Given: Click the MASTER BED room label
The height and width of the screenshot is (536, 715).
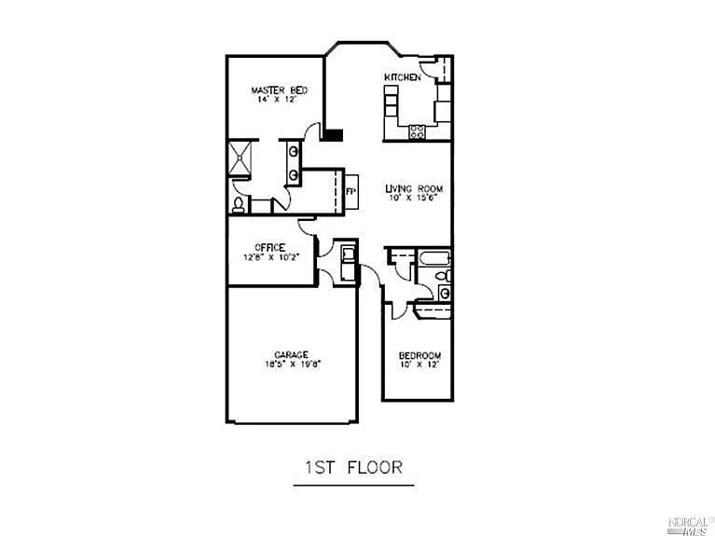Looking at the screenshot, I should tap(279, 90).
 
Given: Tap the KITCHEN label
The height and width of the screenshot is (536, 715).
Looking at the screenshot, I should tap(402, 76).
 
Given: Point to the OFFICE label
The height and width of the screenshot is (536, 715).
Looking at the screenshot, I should tap(269, 247).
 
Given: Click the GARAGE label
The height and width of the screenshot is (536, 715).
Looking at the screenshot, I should tap(291, 354).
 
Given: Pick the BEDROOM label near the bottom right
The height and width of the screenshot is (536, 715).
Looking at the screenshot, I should tap(419, 355).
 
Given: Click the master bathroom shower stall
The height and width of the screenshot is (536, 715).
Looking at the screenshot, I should tap(242, 158).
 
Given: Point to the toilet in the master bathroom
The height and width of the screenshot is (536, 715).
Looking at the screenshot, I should tap(239, 204).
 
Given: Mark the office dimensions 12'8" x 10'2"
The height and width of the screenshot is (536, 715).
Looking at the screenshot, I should tap(269, 256).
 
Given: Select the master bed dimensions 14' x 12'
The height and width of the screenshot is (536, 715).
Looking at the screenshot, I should tap(279, 99).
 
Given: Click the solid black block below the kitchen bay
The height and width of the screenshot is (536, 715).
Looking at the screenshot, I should tap(333, 133).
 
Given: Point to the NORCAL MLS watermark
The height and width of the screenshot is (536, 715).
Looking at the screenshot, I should tap(689, 524).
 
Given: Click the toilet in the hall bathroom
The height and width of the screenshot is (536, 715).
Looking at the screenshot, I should tap(446, 276).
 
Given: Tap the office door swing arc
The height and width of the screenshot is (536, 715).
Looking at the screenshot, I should tap(307, 226).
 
